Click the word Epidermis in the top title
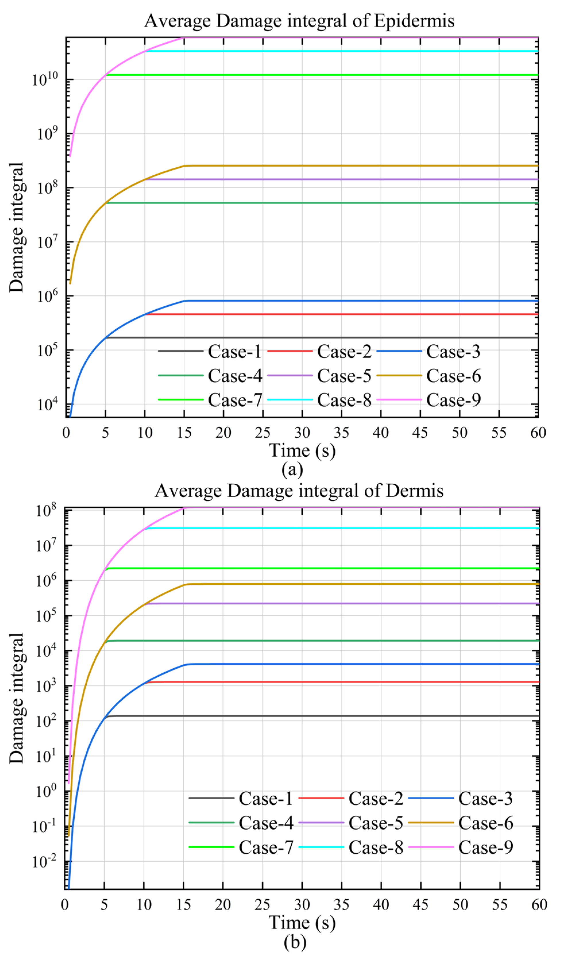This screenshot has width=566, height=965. [414, 21]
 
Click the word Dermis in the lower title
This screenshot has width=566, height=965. [414, 491]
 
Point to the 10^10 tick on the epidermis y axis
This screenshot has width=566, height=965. [45, 80]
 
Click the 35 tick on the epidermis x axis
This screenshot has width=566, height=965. [341, 433]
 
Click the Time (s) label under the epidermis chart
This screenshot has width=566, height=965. [302, 451]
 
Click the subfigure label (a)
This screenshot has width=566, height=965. [292, 469]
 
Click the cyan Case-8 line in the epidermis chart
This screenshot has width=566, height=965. [345, 51]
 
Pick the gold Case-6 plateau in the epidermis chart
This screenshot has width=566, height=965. [345, 166]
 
